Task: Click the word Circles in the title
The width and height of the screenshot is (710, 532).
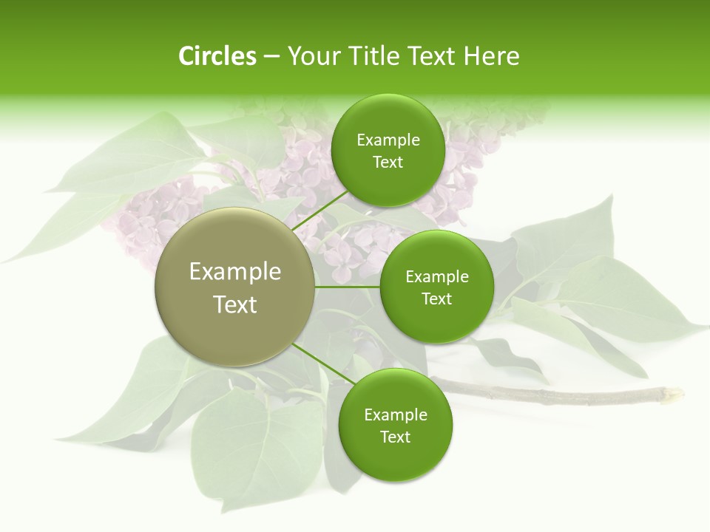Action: click(217, 56)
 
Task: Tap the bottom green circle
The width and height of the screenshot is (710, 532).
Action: click(395, 458)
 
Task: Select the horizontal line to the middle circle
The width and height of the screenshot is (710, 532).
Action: click(348, 287)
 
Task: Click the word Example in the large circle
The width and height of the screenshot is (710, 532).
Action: click(235, 272)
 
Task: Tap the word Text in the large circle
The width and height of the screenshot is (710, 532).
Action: click(235, 304)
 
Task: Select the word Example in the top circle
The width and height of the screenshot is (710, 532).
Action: click(388, 140)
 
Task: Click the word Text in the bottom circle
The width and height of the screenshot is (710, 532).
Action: click(395, 437)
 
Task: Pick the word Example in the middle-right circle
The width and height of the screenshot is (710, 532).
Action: click(437, 277)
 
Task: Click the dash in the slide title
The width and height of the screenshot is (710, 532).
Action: click(271, 57)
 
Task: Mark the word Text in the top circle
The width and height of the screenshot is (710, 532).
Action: click(388, 163)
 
